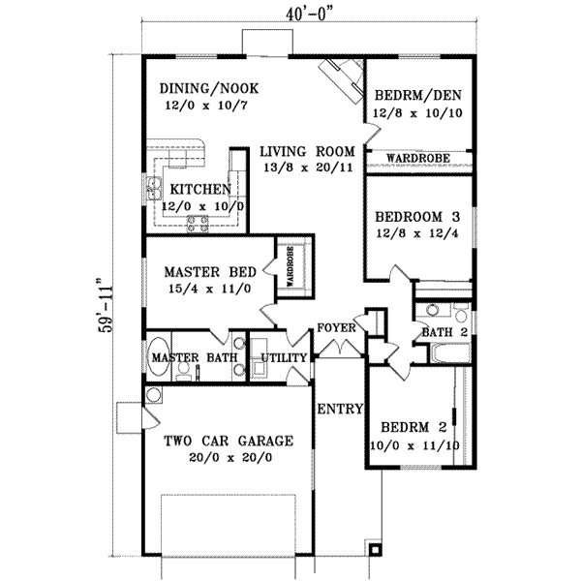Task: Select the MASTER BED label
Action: [x=201, y=273]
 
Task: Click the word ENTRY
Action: [x=339, y=408]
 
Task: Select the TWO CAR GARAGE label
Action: [x=228, y=441]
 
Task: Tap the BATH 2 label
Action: [x=443, y=334]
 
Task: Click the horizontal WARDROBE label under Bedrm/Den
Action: [x=417, y=156]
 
